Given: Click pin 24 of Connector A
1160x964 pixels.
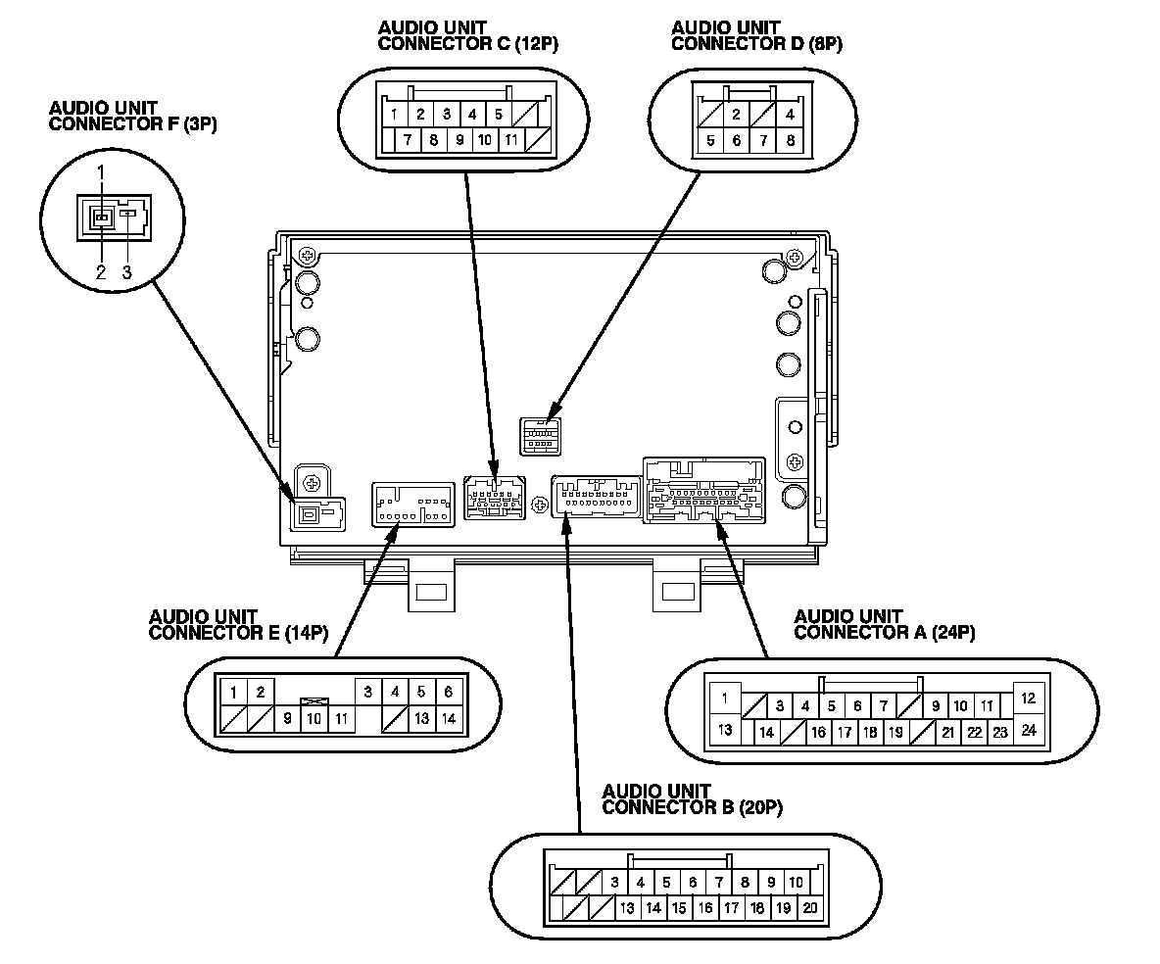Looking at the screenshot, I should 1029,730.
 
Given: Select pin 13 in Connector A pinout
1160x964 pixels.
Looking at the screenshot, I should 726,730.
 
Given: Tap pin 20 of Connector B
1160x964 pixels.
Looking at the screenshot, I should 809,908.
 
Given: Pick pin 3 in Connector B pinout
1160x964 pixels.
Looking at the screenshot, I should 613,883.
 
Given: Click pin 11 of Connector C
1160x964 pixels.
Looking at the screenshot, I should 510,140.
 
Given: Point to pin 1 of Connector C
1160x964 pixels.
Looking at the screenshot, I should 394,115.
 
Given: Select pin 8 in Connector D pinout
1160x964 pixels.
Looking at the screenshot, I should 789,141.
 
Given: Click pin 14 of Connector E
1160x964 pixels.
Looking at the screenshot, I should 448,718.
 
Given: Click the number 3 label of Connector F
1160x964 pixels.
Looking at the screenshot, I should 126,272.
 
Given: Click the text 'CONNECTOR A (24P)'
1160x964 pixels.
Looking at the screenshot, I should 884,632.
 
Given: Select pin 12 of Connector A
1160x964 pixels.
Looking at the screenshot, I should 1029,699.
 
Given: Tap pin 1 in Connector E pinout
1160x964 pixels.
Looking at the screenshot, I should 233,693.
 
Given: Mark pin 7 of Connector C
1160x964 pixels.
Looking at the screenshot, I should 407,140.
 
